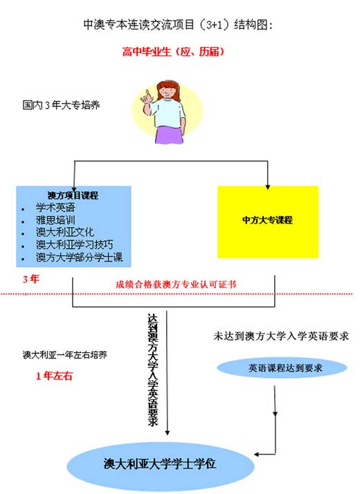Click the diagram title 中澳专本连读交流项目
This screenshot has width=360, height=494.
[x=139, y=25]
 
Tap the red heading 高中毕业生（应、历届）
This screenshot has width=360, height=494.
[x=173, y=51]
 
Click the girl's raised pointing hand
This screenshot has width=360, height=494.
[x=147, y=98]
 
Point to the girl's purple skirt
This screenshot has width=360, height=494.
[x=170, y=134]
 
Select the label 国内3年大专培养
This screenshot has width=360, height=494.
[x=61, y=105]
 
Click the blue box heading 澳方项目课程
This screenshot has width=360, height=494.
[x=73, y=195]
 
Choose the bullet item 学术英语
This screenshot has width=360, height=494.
[x=55, y=208]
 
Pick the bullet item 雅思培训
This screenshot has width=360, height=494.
[x=55, y=220]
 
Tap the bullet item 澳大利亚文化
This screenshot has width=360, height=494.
[x=65, y=232]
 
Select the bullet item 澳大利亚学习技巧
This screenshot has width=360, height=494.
[x=74, y=245]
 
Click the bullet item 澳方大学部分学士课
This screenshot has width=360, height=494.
[x=79, y=257]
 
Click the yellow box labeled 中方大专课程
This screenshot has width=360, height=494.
[x=268, y=222]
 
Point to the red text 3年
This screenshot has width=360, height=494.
[x=31, y=279]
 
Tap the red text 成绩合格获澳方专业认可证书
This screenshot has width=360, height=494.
[x=176, y=284]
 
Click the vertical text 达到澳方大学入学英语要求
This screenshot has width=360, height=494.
[x=153, y=369]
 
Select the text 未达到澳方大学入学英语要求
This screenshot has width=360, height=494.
[x=281, y=336]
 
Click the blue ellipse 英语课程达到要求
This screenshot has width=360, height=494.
[x=282, y=367]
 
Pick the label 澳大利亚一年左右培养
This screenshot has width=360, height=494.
[x=65, y=355]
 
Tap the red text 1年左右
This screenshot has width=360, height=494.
[x=54, y=376]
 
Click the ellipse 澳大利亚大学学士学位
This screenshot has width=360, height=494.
[x=160, y=464]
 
